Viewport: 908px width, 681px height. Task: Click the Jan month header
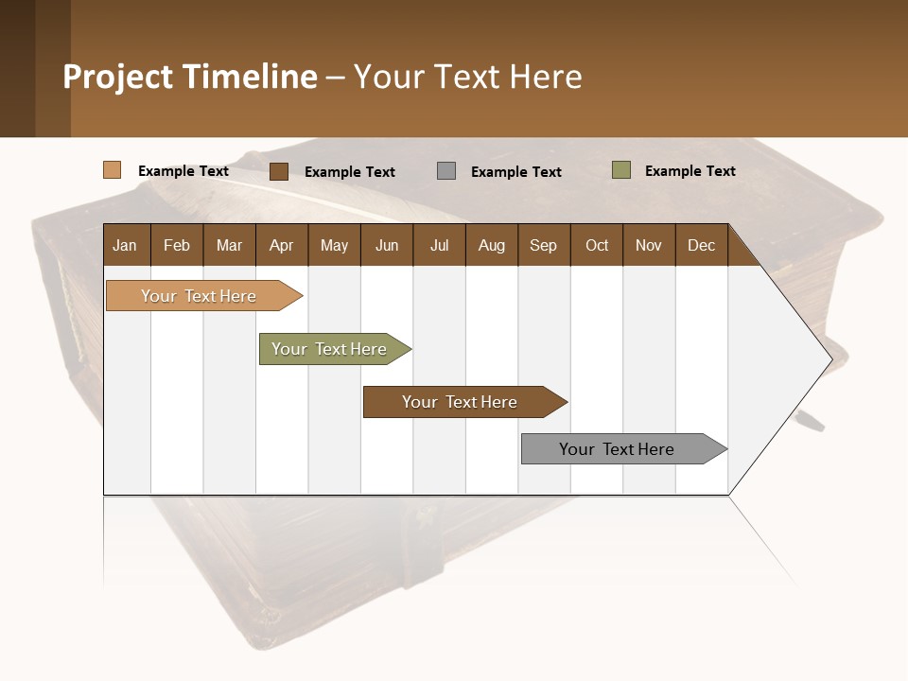point(125,245)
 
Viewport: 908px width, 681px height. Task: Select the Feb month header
point(177,245)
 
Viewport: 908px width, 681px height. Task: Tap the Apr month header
point(281,245)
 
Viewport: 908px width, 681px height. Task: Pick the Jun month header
point(386,245)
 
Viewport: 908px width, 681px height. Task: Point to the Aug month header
point(491,245)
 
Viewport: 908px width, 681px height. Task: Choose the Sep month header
point(543,245)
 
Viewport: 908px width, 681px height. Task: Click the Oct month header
point(597,245)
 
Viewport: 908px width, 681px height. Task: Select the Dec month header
point(701,245)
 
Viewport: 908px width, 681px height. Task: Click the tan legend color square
point(113,170)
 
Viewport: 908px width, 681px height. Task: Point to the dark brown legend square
point(279,171)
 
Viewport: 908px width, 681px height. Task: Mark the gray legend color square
point(446,171)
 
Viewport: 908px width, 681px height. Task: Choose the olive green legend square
point(620,170)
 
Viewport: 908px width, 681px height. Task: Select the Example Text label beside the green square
point(690,171)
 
